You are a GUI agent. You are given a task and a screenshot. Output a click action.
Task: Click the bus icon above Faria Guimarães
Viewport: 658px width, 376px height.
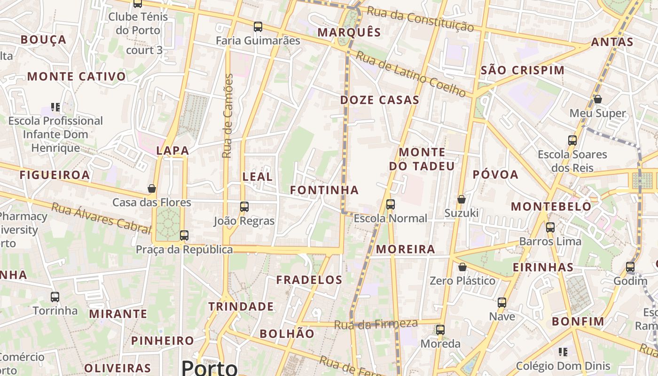tap(258, 27)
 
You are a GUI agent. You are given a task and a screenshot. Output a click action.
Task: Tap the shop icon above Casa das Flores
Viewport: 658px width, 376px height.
tap(152, 188)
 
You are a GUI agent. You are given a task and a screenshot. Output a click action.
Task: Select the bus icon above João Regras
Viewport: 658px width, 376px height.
tap(244, 206)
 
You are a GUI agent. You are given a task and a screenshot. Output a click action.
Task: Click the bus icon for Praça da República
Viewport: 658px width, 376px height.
tap(184, 235)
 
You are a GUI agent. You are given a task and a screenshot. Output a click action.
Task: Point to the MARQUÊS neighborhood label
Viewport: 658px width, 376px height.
tap(349, 32)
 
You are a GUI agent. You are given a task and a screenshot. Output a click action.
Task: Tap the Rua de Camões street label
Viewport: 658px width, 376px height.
tap(227, 116)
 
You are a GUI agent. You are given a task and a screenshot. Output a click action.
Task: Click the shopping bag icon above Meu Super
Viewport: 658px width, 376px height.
tap(597, 99)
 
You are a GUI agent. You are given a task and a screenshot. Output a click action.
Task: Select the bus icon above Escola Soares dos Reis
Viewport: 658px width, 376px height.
tap(572, 141)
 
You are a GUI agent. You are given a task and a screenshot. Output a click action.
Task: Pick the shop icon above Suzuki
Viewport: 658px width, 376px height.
tap(462, 199)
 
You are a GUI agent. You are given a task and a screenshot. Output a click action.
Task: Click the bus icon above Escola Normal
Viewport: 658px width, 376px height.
tap(390, 204)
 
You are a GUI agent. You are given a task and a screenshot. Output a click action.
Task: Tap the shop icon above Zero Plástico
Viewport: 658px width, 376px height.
tap(462, 267)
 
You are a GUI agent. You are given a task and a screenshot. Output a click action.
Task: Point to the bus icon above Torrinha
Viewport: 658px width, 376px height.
tap(55, 297)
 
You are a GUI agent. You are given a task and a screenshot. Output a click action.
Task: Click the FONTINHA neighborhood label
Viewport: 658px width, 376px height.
tap(324, 190)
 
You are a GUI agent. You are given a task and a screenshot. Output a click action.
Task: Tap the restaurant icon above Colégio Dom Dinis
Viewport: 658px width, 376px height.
tap(563, 352)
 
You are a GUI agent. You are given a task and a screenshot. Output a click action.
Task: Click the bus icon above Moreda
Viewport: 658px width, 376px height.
tap(440, 330)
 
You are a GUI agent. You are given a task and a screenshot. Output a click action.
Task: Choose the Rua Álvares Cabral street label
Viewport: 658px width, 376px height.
tap(101, 218)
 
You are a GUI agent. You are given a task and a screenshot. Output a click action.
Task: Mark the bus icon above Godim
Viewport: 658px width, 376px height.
tap(630, 267)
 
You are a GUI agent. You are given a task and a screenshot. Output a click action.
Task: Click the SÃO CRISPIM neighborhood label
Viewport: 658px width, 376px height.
tap(523, 70)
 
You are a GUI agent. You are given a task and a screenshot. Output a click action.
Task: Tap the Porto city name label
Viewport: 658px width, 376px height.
tap(209, 368)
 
